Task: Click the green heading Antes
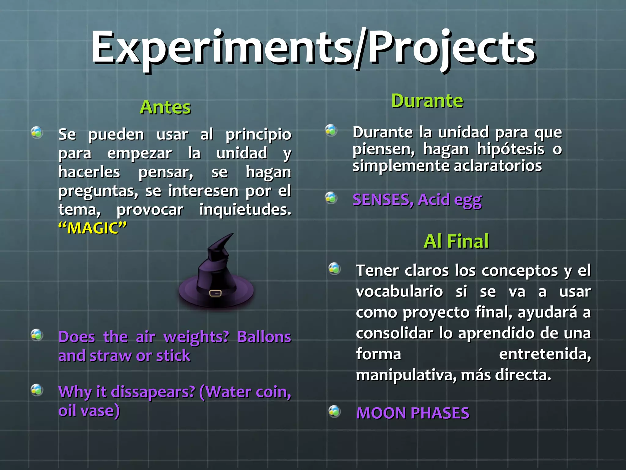point(165,107)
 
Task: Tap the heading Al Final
point(456,241)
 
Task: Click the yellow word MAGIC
point(93,228)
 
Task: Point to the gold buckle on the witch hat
point(215,293)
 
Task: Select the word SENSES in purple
point(383,200)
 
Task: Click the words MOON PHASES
point(413,413)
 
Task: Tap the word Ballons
point(264,337)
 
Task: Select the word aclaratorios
point(498,166)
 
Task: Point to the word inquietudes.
point(245,210)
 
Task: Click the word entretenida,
point(545,354)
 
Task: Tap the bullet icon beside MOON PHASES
point(335,412)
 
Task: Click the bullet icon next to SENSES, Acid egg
point(331,198)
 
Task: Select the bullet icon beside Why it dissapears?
point(37,390)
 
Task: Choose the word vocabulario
point(399,291)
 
